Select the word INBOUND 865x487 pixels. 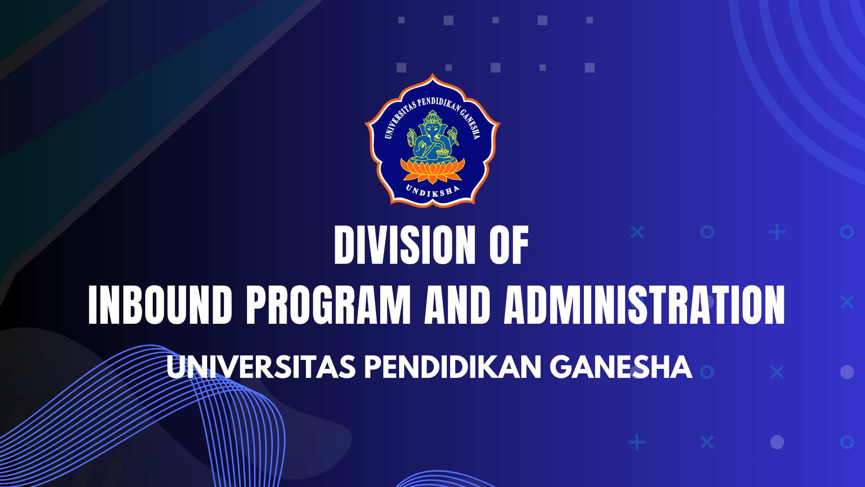(x=160, y=305)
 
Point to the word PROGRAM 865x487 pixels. (x=328, y=305)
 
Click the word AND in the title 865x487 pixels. (x=457, y=305)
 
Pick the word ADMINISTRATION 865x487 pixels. (x=644, y=305)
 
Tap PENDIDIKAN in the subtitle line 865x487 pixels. (x=452, y=367)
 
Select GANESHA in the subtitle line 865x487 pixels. (x=620, y=367)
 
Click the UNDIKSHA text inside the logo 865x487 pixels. (x=432, y=191)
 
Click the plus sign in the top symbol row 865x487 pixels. (x=777, y=232)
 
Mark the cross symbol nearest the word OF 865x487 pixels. (x=637, y=232)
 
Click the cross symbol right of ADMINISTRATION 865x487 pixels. (x=847, y=302)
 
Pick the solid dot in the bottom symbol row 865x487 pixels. (x=777, y=442)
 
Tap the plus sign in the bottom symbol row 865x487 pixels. (x=637, y=442)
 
